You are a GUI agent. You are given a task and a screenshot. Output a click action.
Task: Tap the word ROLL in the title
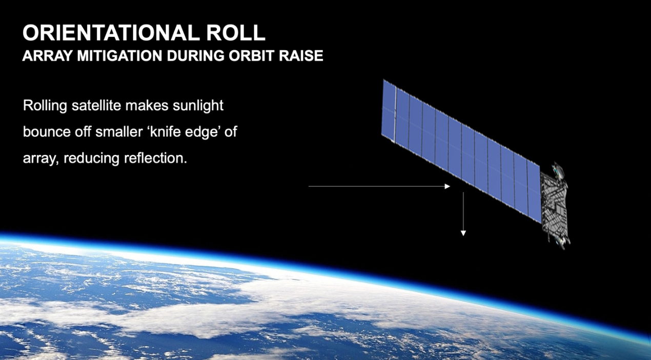pos(236,33)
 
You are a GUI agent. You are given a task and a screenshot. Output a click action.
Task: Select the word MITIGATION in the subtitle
pos(119,56)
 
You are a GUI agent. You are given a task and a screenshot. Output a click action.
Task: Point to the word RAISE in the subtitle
pos(301,56)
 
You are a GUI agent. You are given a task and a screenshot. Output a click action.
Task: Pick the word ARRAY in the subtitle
pos(47,56)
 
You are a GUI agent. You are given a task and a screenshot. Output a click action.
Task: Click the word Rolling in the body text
pos(45,106)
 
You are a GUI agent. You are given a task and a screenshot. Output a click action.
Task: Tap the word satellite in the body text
pos(96,105)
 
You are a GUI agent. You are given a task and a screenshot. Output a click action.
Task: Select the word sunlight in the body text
pos(198,106)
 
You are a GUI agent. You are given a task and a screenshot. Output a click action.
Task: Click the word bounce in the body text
pos(47,132)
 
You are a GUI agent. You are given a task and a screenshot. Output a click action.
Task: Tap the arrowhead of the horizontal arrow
pos(447,186)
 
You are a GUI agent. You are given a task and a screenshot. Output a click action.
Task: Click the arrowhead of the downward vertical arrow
pos(463,233)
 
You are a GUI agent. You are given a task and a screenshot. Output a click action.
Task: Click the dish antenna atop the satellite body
pos(559,170)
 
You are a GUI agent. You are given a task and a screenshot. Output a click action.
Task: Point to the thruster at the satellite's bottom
pos(562,242)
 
